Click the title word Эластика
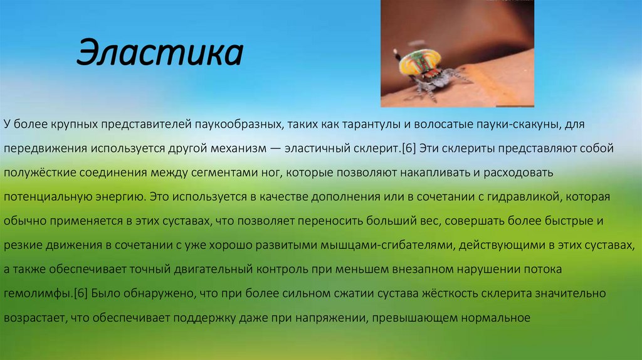[x=160, y=53]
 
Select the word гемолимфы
[x=38, y=294]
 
